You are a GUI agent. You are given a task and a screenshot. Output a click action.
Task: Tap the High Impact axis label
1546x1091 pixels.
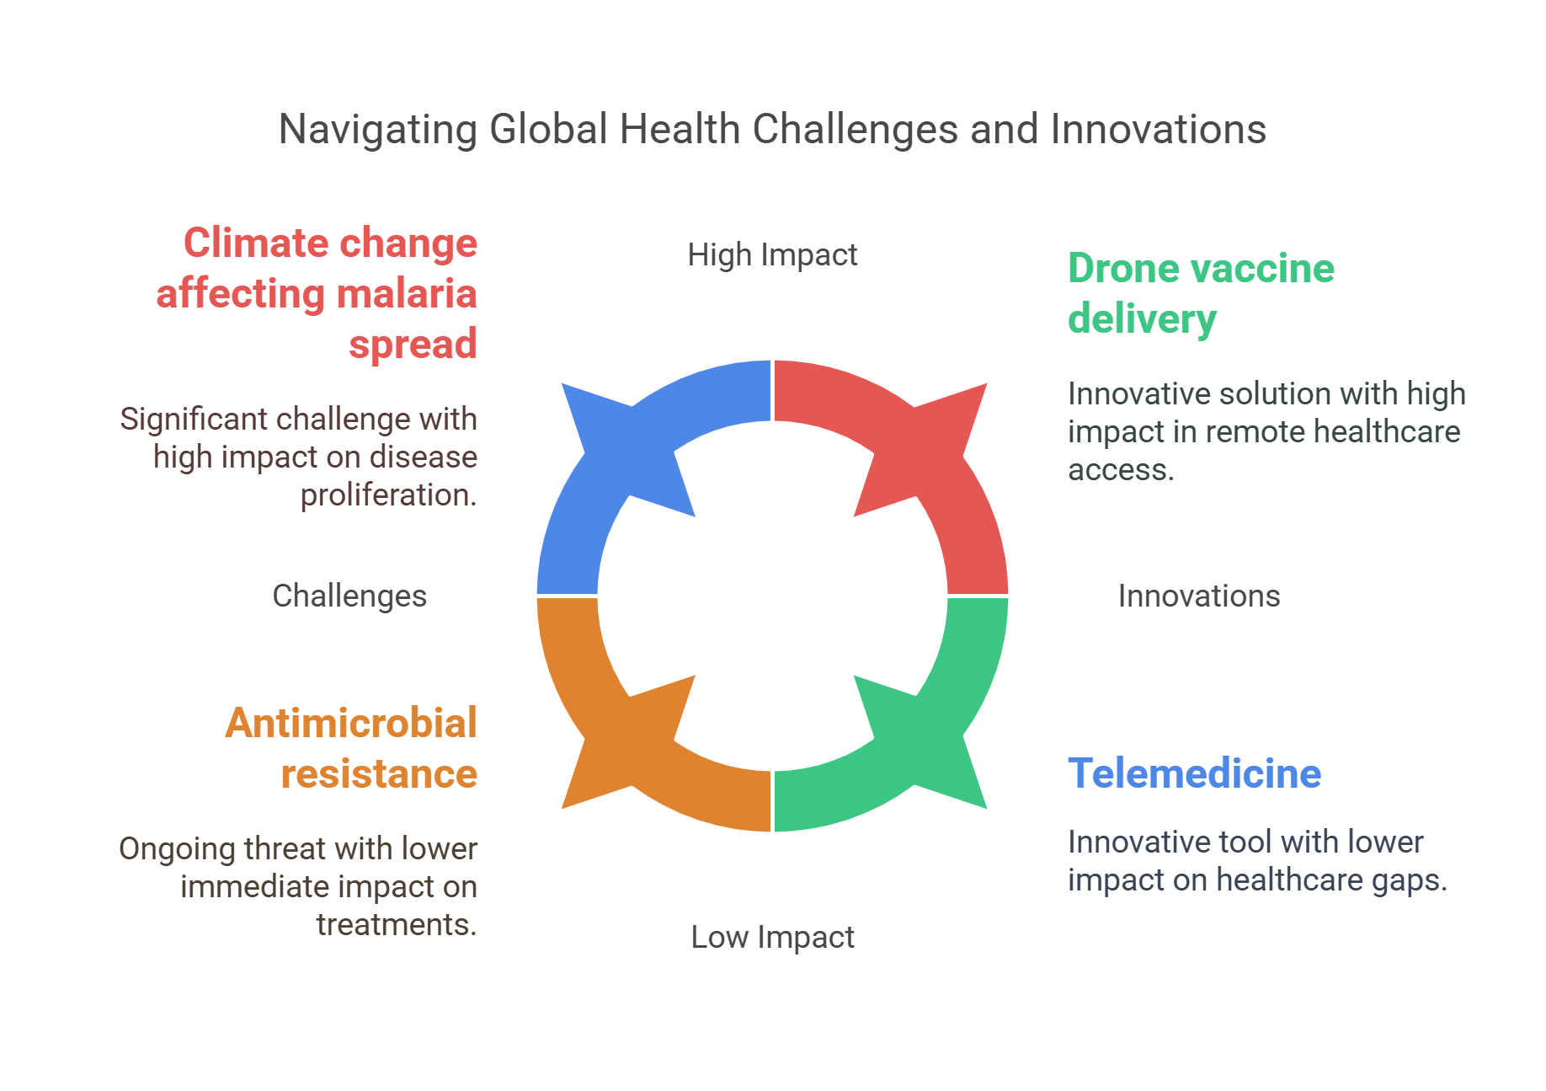click(x=772, y=254)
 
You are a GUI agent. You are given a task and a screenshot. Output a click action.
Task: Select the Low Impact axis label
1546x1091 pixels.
click(x=772, y=937)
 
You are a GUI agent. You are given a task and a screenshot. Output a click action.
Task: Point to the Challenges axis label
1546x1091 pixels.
click(x=349, y=596)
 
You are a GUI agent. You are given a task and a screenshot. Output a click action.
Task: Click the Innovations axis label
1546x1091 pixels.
click(x=1198, y=596)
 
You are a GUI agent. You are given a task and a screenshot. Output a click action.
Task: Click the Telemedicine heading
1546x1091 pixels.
click(x=1194, y=773)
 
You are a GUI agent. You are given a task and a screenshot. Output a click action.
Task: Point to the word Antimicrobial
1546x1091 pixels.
click(x=351, y=723)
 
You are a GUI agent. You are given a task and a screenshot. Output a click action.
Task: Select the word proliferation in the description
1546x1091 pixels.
click(x=387, y=495)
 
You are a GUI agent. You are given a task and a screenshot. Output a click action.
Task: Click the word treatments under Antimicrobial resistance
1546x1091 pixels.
click(x=396, y=925)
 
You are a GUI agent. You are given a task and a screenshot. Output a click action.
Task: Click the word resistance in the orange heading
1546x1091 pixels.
click(x=379, y=773)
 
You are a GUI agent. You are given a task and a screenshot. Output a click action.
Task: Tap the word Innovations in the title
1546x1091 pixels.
click(x=1158, y=131)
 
